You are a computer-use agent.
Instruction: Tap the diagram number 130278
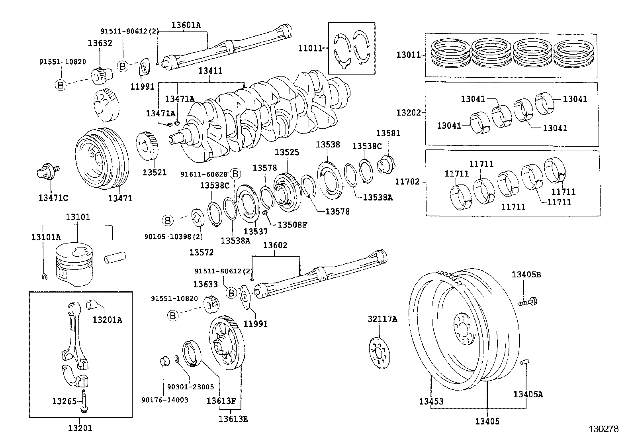(x=604, y=429)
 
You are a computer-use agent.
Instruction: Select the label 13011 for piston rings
(x=408, y=55)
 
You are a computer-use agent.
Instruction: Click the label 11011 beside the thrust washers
(x=310, y=49)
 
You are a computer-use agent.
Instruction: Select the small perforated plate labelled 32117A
(x=379, y=352)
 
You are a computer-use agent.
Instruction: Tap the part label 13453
(x=431, y=401)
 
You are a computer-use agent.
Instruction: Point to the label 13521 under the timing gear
(x=155, y=173)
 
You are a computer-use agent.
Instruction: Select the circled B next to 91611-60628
(x=235, y=174)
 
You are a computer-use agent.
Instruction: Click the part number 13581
(x=388, y=133)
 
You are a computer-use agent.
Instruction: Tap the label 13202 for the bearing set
(x=408, y=113)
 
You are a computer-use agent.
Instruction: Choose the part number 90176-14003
(x=165, y=400)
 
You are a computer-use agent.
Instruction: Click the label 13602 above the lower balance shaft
(x=275, y=246)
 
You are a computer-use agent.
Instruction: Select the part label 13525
(x=287, y=152)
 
